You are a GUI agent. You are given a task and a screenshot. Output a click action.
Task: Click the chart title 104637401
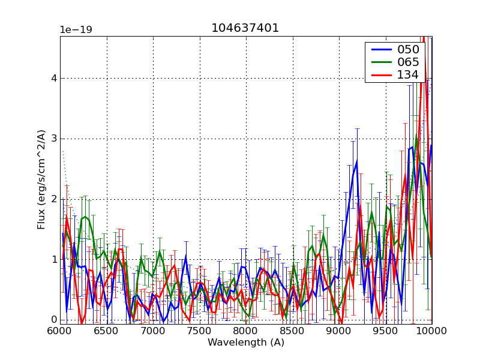click(x=245, y=28)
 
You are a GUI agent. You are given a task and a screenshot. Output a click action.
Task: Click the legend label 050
click(x=408, y=50)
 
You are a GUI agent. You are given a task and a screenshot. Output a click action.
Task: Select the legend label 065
click(x=408, y=62)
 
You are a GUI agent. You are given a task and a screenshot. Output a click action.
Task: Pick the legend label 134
click(x=408, y=75)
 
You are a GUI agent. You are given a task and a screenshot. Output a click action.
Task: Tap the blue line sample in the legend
click(x=380, y=50)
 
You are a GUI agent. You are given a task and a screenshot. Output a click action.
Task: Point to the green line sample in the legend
click(x=380, y=62)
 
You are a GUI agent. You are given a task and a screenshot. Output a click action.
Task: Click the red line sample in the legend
click(x=380, y=75)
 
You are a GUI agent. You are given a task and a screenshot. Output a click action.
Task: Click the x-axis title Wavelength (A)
click(x=246, y=343)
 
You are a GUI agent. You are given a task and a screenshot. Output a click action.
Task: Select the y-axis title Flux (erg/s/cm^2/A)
click(x=41, y=179)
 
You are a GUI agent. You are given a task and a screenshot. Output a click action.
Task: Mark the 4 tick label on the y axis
click(x=54, y=78)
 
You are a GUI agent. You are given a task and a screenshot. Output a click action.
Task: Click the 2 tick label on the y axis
click(x=54, y=199)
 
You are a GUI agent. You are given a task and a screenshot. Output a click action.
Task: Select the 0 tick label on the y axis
click(x=54, y=320)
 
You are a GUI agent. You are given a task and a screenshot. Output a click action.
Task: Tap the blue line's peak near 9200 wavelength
click(x=356, y=161)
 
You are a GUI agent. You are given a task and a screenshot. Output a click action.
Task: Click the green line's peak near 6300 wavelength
click(x=86, y=217)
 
